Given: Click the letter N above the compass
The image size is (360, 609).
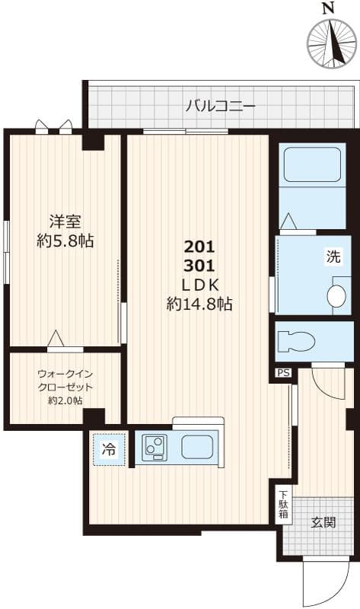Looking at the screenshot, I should coord(328,9).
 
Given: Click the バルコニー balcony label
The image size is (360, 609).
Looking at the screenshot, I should coord(221,105).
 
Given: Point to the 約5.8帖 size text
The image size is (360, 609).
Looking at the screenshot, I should coord(65,241).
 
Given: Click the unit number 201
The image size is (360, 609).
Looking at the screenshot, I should coord(199,247).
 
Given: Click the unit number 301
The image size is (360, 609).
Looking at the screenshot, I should coord(199,266).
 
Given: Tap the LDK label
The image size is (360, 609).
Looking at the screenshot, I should coord(199,285).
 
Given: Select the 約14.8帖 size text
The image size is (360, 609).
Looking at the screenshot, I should coord(199,304).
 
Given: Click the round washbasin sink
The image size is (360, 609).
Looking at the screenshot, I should coord(336,295).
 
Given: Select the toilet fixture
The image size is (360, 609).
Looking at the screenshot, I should coord(296,340).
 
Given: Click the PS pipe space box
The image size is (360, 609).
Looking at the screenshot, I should coord(283,373).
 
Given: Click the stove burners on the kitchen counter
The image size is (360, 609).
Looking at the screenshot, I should coord(156,448).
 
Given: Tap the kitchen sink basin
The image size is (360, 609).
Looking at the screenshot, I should coord(196,448).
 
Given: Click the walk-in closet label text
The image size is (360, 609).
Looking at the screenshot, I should coord(65,387).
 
